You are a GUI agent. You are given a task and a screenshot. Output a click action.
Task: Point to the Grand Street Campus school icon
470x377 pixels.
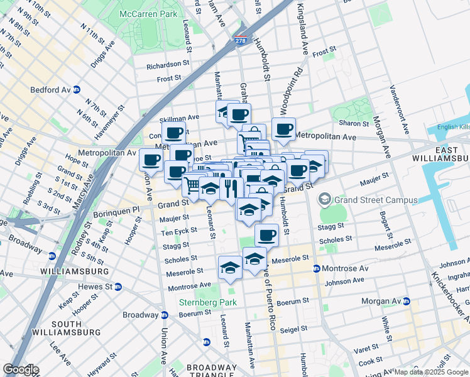point(325,200)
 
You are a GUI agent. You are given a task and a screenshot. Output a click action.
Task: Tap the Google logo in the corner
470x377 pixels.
point(21,369)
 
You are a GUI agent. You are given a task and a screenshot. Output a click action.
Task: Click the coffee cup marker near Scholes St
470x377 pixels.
point(266,235)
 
